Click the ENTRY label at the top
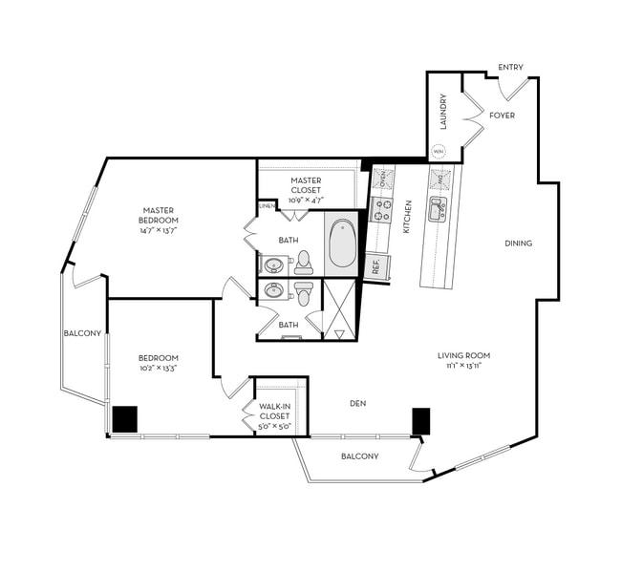(x=510, y=67)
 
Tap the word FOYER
(x=502, y=116)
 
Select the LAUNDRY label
(x=443, y=111)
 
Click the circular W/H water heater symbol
(x=439, y=151)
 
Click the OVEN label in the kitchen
(x=383, y=178)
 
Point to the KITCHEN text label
(x=407, y=216)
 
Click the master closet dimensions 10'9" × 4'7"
(x=306, y=201)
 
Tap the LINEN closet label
(x=267, y=207)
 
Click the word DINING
(x=518, y=244)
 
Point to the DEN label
(x=357, y=404)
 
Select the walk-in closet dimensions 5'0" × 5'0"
(x=274, y=426)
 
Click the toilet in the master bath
(x=304, y=260)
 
